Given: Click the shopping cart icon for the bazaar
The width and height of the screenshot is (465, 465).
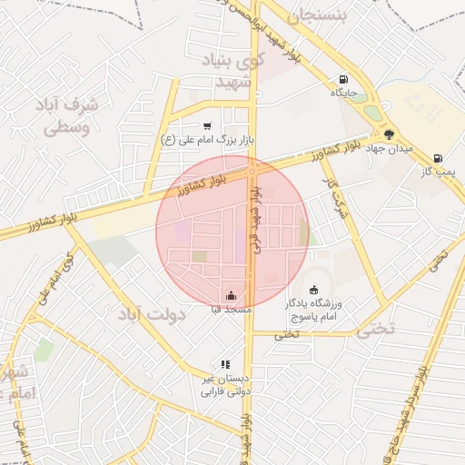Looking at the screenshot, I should coord(208,125).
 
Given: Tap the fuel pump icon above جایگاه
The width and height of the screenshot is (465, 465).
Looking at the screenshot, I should coord(342,79).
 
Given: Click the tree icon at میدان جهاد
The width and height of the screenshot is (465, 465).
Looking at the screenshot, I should coord(390,134).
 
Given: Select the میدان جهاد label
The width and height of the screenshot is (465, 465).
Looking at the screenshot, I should coord(388,148).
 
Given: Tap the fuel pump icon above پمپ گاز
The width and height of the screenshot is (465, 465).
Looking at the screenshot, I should coord(438,157).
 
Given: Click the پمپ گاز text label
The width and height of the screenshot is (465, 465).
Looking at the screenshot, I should coord(438,171).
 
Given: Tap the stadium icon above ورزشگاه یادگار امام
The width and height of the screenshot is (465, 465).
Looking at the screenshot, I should coord(314,290).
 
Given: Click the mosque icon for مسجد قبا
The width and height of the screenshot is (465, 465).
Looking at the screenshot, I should coord(231,295).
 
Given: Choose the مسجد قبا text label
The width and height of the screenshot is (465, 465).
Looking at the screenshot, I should coord(231,310).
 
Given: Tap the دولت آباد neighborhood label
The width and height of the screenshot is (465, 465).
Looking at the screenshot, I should coord(151,315).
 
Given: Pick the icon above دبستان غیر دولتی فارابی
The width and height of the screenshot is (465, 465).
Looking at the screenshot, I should coord(224,364).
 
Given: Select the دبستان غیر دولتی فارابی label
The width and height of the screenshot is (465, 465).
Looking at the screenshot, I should coord(223,385).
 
